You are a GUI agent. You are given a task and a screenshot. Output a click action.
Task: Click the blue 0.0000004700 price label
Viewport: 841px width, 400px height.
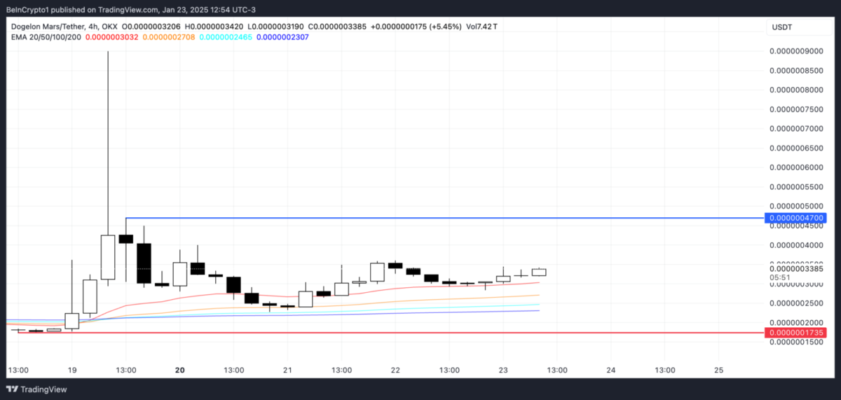point(798,218)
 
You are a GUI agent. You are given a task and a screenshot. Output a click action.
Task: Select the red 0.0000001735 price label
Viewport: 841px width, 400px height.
point(798,333)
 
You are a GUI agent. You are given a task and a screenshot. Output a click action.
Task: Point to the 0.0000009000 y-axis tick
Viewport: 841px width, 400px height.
point(797,51)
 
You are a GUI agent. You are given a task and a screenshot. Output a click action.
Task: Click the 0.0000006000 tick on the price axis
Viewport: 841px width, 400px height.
point(797,167)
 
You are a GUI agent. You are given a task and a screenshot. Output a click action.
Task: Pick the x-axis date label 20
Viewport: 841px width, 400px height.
point(180,370)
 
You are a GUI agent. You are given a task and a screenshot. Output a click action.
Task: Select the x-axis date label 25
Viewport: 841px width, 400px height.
point(718,370)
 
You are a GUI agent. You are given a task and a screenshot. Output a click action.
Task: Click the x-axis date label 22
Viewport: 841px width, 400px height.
point(395,370)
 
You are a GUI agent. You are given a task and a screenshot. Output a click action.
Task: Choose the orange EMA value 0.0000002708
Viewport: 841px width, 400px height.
point(169,36)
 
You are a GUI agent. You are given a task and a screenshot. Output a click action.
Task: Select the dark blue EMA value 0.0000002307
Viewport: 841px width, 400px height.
point(283,36)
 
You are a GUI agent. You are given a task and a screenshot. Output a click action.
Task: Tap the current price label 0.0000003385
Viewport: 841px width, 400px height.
point(798,268)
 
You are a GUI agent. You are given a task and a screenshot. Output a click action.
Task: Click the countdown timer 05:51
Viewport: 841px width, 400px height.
point(779,277)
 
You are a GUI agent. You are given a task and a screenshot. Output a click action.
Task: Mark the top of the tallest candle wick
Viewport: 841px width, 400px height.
point(108,51)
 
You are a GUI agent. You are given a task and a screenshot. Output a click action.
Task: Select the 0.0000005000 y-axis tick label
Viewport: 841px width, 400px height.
point(797,206)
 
